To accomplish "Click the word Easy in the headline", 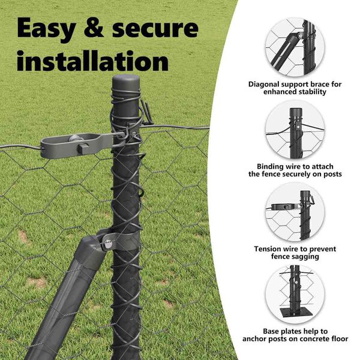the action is (x=47, y=29).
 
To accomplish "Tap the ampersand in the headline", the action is (x=94, y=28).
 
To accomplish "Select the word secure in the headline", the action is (x=155, y=28).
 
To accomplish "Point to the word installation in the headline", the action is (x=92, y=61).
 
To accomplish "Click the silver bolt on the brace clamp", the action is (x=107, y=244).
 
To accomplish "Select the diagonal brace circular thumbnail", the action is (x=295, y=48).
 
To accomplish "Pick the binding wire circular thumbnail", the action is (x=295, y=130).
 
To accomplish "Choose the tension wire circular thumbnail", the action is (x=295, y=212).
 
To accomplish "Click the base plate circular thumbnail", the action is (x=295, y=295).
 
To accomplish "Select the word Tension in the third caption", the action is (x=267, y=249).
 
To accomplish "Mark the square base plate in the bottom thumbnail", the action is (x=296, y=313).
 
